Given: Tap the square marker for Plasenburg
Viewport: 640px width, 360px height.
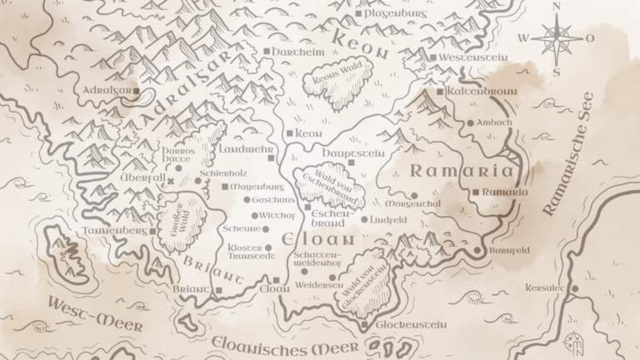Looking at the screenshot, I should tap(357, 14).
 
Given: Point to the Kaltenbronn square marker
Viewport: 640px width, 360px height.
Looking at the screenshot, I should tap(440, 91).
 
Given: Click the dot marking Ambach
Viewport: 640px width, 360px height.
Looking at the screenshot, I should tap(470, 122).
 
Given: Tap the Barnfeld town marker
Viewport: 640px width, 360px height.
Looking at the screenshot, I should tap(477, 251).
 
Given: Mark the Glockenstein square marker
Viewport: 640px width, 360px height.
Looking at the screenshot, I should tap(365, 324).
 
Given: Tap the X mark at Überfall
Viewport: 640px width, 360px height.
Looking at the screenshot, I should tap(171, 180).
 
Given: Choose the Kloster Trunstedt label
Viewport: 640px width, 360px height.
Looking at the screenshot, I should tap(245, 252).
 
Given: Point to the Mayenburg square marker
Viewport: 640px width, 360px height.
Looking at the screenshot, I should tap(224, 187).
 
